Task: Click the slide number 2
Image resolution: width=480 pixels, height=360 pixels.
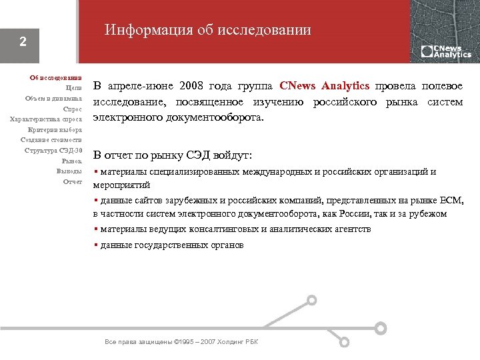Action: pos(23,41)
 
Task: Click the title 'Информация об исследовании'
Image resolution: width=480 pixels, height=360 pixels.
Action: pos(207,30)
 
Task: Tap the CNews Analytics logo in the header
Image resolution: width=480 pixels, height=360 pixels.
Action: pos(445,51)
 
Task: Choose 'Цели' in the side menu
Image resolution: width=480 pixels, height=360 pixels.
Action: pos(74,87)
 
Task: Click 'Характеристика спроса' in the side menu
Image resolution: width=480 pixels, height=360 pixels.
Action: pos(46,119)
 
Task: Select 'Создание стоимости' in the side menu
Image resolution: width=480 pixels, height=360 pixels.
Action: pos(51,140)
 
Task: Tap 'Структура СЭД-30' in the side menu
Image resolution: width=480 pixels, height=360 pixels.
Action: pos(53,151)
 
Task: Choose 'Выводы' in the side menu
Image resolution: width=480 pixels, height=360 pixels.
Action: pos(69,171)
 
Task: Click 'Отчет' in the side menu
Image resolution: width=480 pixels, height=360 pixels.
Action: pos(72,182)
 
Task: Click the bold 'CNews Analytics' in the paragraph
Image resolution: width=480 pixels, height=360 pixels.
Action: pos(325,86)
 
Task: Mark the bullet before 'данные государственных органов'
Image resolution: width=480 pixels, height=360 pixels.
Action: pos(95,245)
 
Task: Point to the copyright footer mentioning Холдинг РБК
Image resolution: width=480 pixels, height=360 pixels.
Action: pos(181,342)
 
